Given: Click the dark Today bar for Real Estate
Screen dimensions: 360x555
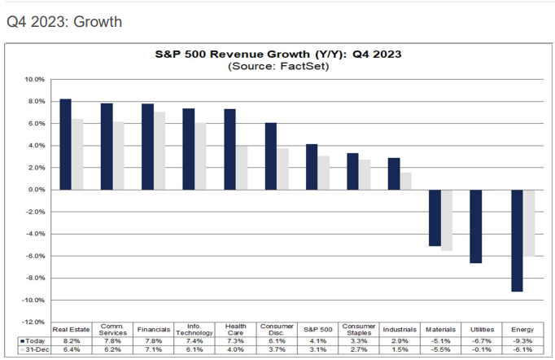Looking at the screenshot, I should (x=65, y=144).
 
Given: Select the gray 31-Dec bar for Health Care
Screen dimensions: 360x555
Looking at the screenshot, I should (x=241, y=168).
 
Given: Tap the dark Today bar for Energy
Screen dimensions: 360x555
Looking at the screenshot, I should (x=517, y=240).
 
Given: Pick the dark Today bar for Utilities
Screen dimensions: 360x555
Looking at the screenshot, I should (x=475, y=226).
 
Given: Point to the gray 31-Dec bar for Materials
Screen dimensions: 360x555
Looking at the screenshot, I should (x=446, y=220).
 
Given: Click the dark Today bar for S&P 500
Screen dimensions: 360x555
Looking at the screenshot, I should (x=312, y=167).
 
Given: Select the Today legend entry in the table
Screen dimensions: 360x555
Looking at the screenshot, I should (x=31, y=340).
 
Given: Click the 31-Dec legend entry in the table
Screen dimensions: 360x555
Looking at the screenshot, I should (x=31, y=349).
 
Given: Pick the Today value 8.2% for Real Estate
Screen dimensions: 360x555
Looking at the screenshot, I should (x=72, y=340).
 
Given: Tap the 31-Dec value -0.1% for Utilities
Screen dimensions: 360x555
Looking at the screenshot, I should (x=481, y=349).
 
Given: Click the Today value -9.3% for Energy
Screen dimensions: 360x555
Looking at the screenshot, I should (x=522, y=340).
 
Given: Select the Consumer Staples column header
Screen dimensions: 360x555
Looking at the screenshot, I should (x=358, y=329).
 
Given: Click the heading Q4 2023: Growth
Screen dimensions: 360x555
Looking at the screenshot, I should (x=64, y=22).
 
